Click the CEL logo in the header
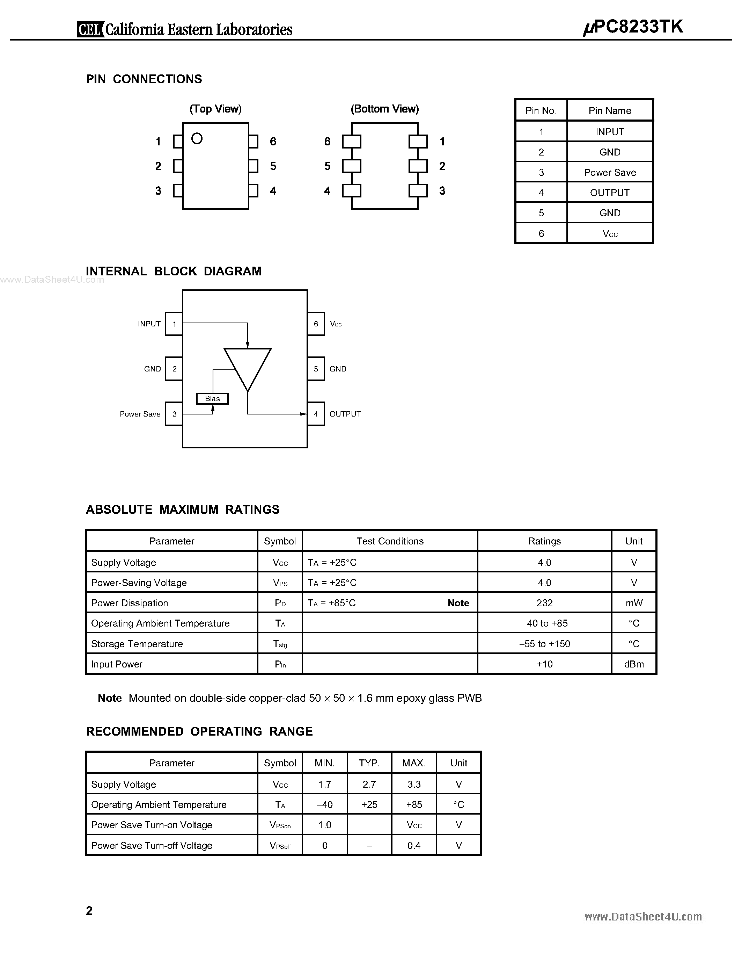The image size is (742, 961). [90, 29]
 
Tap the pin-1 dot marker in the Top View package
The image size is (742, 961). [197, 139]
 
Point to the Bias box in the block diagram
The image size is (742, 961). [212, 399]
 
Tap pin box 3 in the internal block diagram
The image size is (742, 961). [174, 414]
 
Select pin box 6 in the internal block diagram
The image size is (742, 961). [316, 324]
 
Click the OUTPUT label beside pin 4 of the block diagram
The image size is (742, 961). [345, 414]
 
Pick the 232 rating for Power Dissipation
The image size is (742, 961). [544, 603]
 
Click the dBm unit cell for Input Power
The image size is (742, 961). [634, 664]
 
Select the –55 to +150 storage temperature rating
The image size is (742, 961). [544, 644]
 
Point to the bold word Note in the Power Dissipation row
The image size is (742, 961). [458, 603]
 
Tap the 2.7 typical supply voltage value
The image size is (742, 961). [369, 785]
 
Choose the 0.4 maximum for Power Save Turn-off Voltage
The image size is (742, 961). [414, 846]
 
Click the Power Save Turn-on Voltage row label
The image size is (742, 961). [152, 825]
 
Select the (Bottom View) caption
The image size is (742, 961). [385, 109]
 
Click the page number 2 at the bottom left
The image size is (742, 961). [89, 911]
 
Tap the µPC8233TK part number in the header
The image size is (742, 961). [633, 27]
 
